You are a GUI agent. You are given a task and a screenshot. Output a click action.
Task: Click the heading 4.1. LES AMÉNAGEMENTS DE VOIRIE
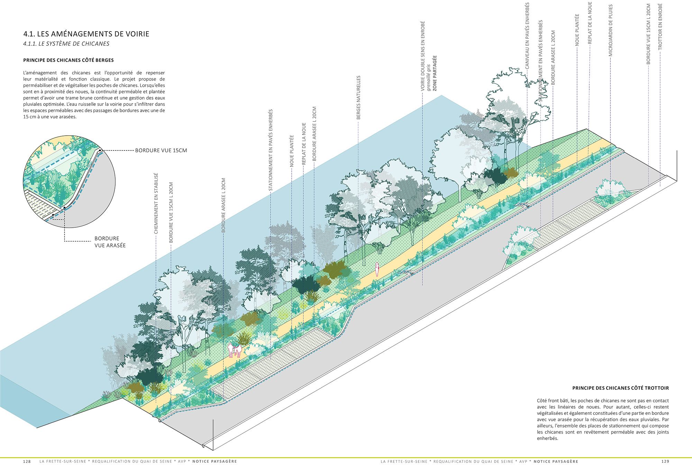pos(86,34)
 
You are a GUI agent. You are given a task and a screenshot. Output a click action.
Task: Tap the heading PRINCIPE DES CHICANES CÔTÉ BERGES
pos(69,60)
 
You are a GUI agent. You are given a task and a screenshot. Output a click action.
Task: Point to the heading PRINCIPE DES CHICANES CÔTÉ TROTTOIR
pos(620,388)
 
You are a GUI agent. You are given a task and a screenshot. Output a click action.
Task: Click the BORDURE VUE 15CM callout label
pos(161,151)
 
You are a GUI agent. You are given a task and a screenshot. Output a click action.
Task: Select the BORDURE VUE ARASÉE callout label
pos(110,242)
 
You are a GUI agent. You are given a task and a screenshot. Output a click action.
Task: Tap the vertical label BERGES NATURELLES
pos(358,98)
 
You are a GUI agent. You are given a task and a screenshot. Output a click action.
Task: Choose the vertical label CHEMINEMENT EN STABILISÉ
pos(156,203)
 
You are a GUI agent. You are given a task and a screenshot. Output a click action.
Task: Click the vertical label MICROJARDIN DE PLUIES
pos(611,30)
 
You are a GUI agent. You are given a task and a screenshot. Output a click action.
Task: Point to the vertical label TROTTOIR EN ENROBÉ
pos(660,27)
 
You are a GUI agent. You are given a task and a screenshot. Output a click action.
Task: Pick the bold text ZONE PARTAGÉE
pos(435,73)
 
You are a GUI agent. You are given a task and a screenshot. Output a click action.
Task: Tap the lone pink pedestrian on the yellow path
pos(377,269)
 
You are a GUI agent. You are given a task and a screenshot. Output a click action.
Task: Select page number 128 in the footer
pos(27,461)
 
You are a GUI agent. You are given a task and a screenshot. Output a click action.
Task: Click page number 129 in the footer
pos(665,461)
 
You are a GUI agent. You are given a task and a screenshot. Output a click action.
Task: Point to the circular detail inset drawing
pos(69,182)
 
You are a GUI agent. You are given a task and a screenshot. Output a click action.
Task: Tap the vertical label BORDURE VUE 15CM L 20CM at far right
pos(648,34)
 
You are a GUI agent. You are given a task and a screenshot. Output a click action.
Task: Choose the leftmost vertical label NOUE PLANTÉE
pos(292,151)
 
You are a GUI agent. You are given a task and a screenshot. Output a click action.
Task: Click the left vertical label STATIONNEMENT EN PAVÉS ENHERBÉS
pos(271,150)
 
